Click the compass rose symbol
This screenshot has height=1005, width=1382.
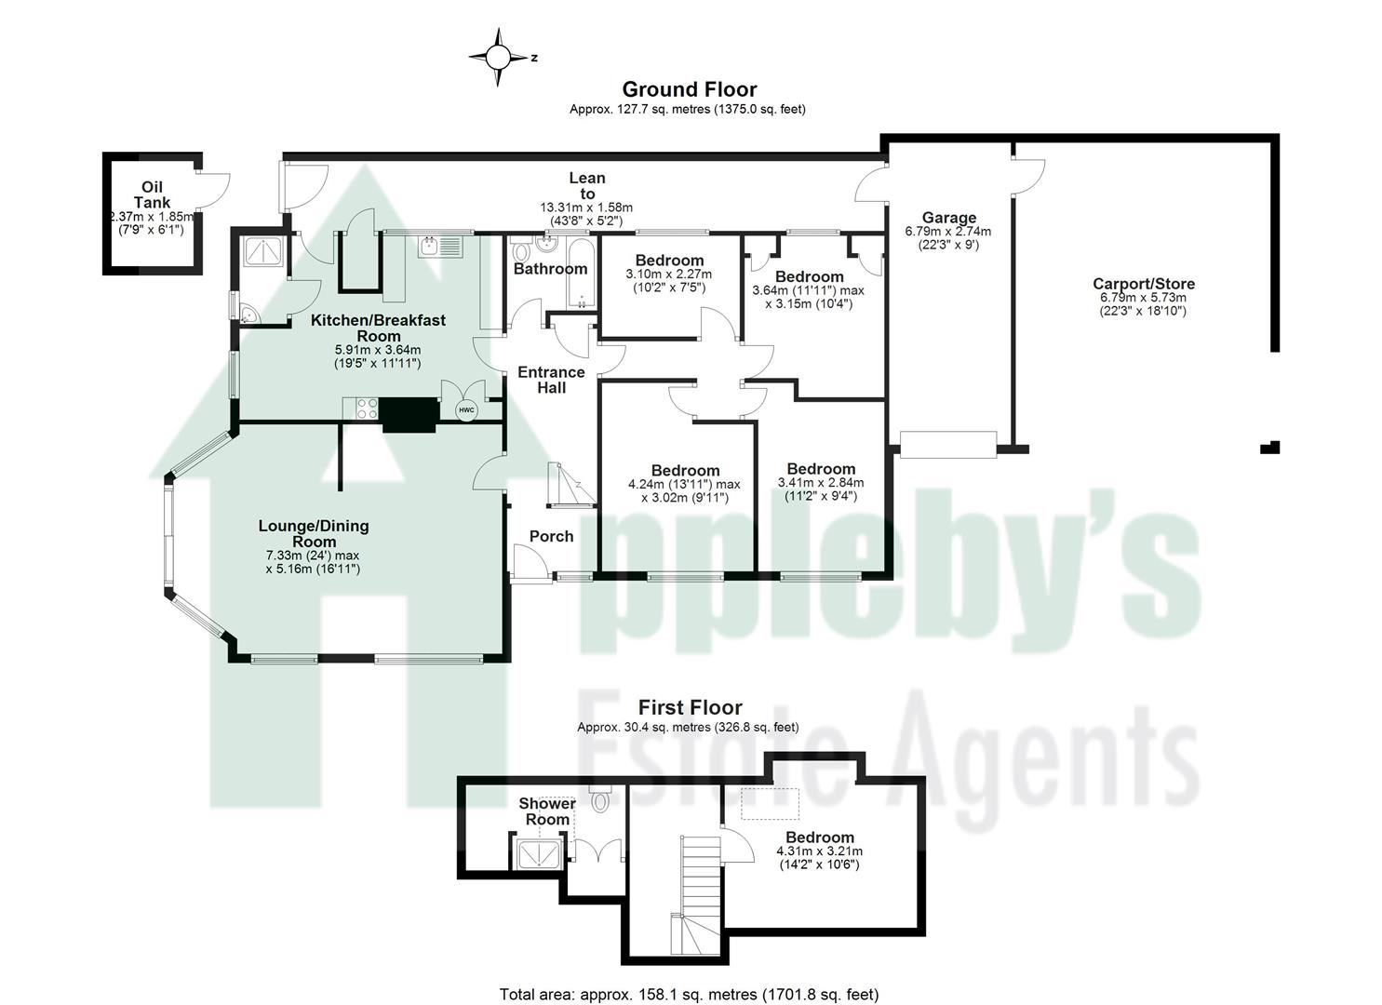499,58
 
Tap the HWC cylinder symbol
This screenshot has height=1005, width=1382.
465,410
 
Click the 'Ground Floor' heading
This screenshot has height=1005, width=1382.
689,89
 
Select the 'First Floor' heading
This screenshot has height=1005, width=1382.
690,708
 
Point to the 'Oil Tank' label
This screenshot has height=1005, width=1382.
152,195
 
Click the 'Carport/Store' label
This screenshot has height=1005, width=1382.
1143,284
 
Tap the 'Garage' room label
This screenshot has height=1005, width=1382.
948,218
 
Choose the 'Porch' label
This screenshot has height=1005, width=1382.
551,536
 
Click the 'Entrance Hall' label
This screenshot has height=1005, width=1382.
551,380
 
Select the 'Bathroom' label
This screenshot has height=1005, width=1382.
551,269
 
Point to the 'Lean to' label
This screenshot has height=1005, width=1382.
586,185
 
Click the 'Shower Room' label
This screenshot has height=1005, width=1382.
547,811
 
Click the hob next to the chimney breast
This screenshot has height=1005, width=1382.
362,409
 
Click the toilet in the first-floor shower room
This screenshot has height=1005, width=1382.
599,798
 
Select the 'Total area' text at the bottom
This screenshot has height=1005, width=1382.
689,995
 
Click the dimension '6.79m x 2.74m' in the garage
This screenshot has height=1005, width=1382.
947,232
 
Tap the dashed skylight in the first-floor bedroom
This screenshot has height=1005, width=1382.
769,804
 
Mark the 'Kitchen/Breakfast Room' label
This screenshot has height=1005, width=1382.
378,328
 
